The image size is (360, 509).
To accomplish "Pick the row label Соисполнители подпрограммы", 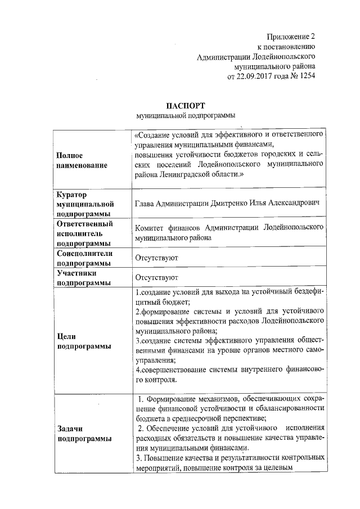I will click(x=85, y=258).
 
